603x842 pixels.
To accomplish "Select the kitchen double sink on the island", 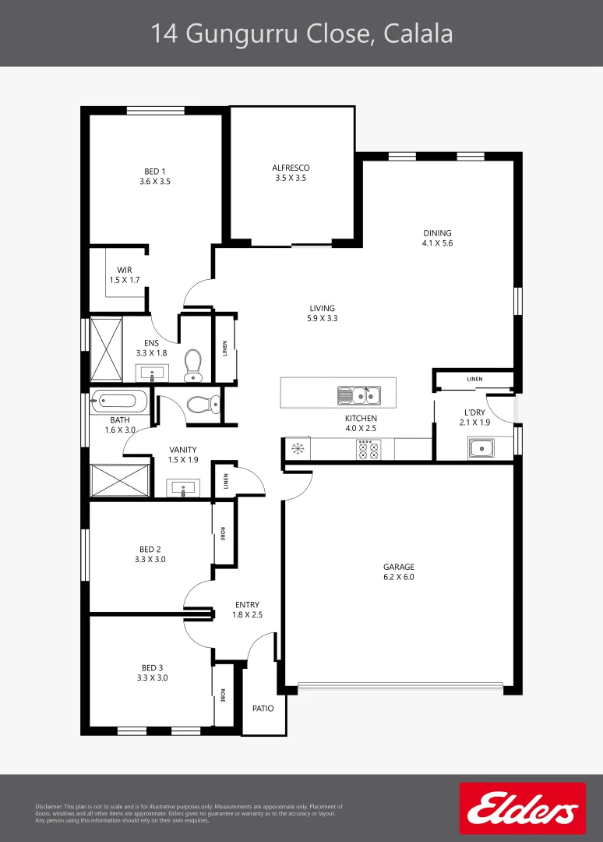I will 358,395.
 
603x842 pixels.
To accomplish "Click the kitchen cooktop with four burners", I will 368,449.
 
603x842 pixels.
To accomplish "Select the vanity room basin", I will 184,489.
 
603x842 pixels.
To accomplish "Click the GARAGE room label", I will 398,567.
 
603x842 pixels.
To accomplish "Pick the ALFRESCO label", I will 291,168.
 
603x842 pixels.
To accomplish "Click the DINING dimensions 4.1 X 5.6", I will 437,243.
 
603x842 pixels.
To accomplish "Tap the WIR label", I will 125,270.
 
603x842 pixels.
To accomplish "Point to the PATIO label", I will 263,709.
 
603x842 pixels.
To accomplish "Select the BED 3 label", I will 152,667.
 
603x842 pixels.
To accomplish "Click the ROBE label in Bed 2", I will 223,534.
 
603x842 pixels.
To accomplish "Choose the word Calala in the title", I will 418,34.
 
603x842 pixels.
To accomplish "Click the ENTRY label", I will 247,605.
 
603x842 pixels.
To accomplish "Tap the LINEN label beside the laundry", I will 474,380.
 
